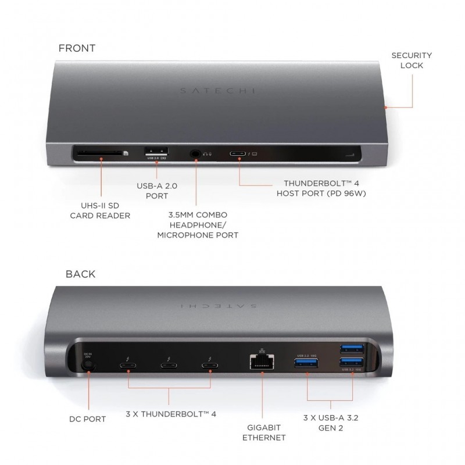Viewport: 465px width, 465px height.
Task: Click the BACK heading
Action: (x=81, y=274)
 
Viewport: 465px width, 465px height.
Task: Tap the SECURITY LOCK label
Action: (x=412, y=60)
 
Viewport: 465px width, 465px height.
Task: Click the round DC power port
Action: (x=88, y=366)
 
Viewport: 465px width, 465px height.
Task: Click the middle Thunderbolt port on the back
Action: (x=169, y=366)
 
